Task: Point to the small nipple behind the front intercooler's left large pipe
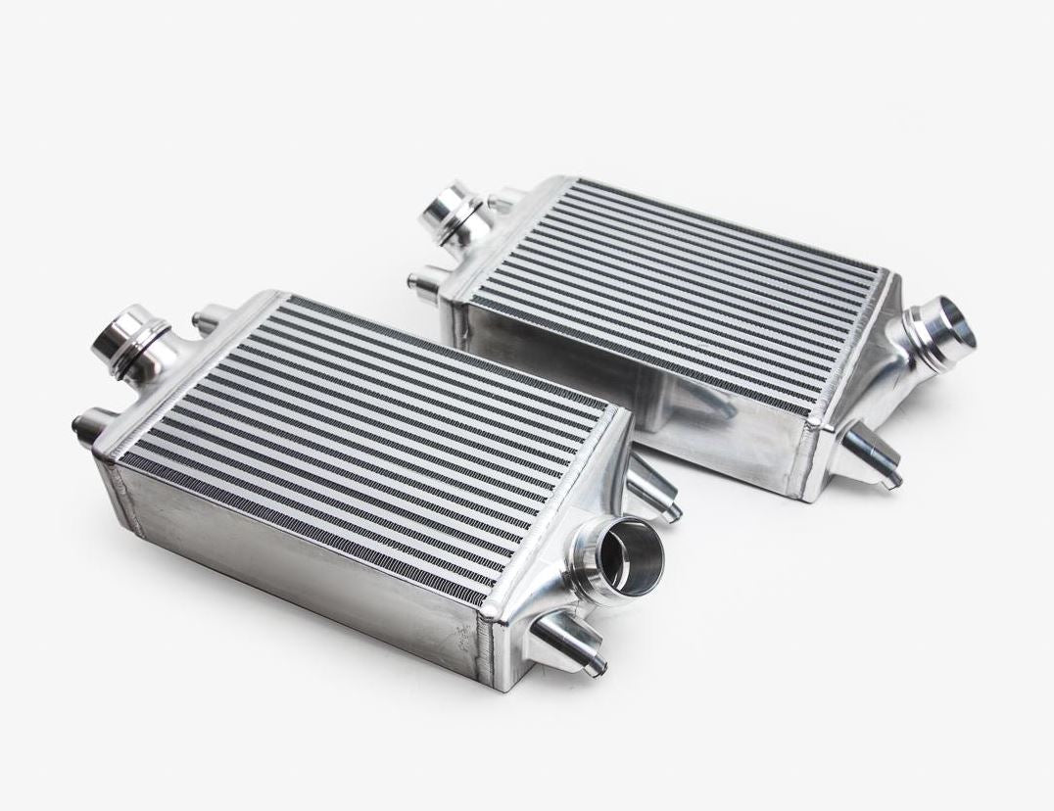click(209, 319)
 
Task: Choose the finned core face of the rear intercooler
click(676, 284)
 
